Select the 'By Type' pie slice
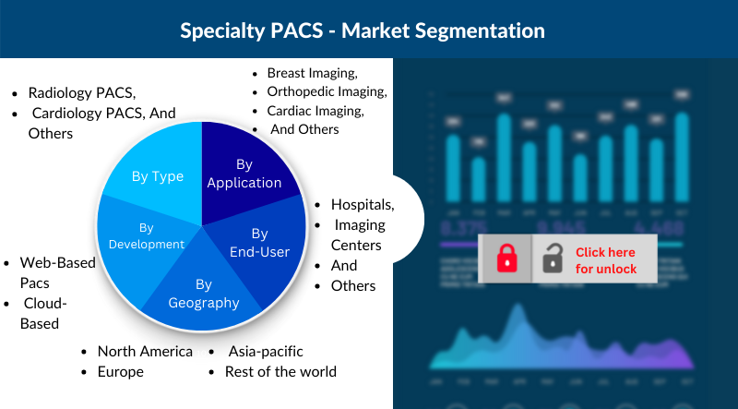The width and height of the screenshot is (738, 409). click(157, 176)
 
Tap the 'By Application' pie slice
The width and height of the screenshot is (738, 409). click(244, 173)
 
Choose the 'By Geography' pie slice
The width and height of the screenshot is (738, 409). click(204, 294)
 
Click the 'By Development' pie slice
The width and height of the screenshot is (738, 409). click(146, 235)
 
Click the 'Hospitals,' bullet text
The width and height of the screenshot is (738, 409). click(363, 204)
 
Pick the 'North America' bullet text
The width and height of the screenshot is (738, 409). click(145, 351)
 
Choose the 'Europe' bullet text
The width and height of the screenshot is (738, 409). click(120, 371)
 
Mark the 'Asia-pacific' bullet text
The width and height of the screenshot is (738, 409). click(264, 351)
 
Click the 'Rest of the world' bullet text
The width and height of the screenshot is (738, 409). click(280, 371)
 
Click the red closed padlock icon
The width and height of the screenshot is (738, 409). click(506, 258)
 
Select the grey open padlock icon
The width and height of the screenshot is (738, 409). click(553, 258)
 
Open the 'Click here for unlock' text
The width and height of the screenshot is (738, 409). click(606, 259)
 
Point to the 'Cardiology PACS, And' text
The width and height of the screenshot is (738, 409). click(103, 113)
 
